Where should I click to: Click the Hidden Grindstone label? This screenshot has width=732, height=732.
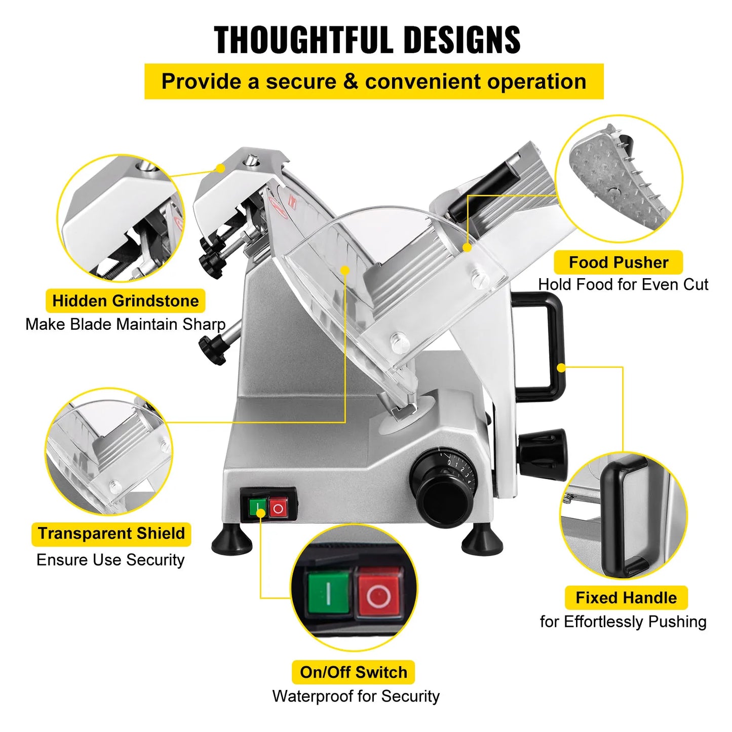click(x=125, y=301)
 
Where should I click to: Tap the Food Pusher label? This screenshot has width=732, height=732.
click(x=618, y=262)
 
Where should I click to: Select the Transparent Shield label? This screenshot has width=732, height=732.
click(x=111, y=534)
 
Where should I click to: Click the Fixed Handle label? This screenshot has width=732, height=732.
click(x=626, y=598)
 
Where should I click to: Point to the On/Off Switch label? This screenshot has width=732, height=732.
click(x=353, y=672)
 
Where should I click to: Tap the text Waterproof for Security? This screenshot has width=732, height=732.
click(x=356, y=696)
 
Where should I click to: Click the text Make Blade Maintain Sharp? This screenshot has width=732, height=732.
click(x=125, y=324)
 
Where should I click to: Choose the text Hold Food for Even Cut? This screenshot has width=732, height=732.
click(x=623, y=285)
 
